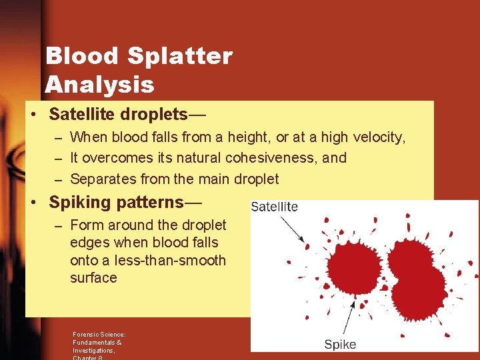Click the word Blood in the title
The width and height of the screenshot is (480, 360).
tap(81, 56)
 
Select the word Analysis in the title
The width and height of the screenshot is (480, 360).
tap(99, 85)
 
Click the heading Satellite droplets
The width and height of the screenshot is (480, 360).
tap(127, 115)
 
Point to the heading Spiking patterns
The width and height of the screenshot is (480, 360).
tap(125, 201)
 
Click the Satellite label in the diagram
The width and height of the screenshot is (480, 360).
tap(274, 207)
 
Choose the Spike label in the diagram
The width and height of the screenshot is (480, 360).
tap(340, 345)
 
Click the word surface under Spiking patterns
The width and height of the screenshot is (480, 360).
tap(93, 277)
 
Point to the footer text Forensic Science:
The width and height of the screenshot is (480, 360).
tap(99, 335)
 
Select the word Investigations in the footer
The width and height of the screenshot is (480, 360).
tap(94, 350)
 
